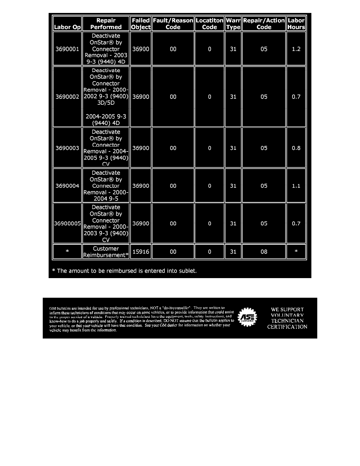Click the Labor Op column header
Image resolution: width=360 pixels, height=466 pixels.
[67, 27]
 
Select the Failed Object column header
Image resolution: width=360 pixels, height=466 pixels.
[140, 24]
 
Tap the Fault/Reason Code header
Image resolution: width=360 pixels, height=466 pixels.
[173, 24]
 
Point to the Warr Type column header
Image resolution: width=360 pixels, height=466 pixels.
[233, 24]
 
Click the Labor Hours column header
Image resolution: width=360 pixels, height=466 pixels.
[296, 24]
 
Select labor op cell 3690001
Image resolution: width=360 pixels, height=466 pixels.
[67, 49]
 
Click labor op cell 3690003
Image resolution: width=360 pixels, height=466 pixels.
[67, 148]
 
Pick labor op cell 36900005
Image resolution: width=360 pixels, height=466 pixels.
[67, 224]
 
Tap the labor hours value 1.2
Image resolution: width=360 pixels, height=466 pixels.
[296, 49]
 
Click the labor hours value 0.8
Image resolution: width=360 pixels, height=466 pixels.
[296, 148]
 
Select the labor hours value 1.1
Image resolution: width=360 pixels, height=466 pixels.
[296, 186]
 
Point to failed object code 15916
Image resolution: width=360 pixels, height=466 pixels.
[140, 252]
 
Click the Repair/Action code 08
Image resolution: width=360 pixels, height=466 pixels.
[264, 252]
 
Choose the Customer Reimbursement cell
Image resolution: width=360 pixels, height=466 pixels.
[106, 252]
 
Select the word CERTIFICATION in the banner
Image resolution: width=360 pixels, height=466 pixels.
[287, 327]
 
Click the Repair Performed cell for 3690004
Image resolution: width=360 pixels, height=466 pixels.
[106, 186]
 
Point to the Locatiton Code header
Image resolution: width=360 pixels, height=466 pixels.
[209, 24]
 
